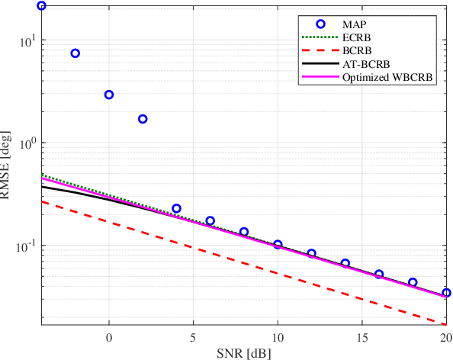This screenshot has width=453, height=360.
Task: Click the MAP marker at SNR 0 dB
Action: [x=109, y=95]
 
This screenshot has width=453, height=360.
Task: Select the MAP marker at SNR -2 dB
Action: [x=75, y=53]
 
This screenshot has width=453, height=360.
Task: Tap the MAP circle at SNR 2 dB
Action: [x=143, y=119]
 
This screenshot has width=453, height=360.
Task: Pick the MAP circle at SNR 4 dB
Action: [x=176, y=208]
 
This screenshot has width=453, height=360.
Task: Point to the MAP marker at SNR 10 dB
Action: [x=278, y=245]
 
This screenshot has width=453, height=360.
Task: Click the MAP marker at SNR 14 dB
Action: [x=345, y=264]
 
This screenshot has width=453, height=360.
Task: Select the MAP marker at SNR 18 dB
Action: [x=413, y=282]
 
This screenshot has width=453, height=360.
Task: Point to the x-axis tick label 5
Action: [x=193, y=336]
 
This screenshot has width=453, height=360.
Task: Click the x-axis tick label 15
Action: [x=361, y=336]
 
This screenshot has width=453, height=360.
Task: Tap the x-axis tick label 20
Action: [x=445, y=336]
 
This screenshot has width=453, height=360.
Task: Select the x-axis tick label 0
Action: [x=109, y=336]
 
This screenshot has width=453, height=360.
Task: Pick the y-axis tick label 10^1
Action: [x=24, y=40]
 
